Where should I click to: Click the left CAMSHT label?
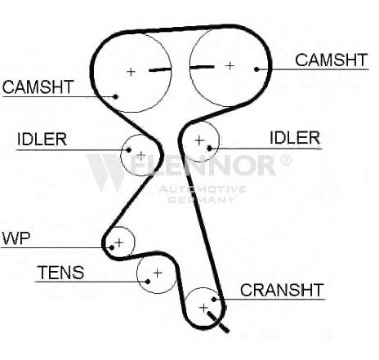(x=38, y=87)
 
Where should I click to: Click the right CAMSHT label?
(x=332, y=60)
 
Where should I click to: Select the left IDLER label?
(x=42, y=140)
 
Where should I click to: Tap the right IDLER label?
(x=295, y=138)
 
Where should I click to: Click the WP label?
(x=16, y=238)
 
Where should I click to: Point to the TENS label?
(x=60, y=273)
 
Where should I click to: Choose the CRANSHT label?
(x=282, y=290)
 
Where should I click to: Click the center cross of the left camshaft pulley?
(x=132, y=72)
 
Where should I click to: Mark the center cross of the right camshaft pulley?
(x=230, y=65)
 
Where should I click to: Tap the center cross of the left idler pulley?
(x=141, y=156)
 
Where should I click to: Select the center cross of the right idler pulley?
(x=199, y=140)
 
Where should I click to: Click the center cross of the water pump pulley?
(x=119, y=242)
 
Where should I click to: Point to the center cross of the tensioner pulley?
(x=158, y=273)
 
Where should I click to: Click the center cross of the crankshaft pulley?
(x=203, y=308)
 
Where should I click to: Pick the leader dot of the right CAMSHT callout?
(x=256, y=69)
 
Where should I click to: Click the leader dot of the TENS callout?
(x=148, y=282)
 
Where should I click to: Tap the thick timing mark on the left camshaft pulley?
(x=160, y=69)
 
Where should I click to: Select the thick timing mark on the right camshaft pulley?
(x=202, y=67)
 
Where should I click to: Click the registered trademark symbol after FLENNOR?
(x=285, y=160)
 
